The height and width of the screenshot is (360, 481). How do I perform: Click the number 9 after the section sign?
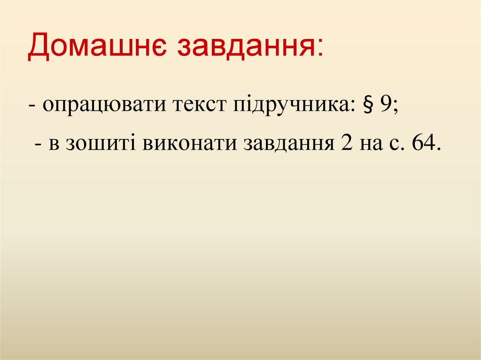(x=386, y=104)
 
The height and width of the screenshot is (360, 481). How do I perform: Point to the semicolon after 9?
(x=396, y=107)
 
